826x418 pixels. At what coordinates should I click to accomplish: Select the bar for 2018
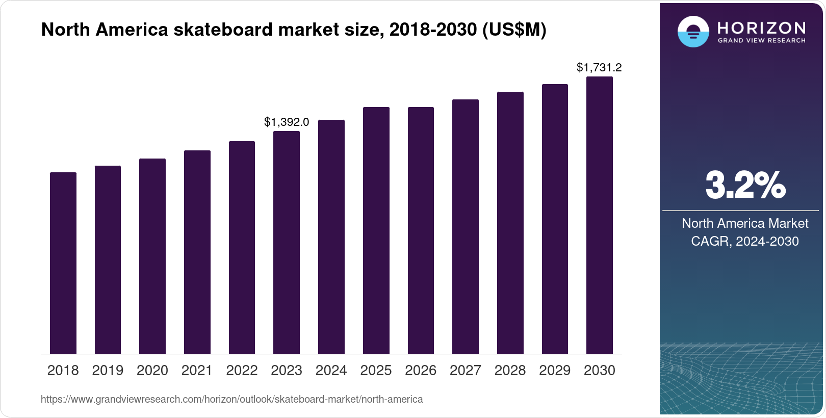(63, 263)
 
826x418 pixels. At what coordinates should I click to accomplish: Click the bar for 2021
(197, 252)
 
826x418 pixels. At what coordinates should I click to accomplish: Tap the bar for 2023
(287, 243)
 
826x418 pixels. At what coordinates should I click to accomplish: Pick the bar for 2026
(421, 230)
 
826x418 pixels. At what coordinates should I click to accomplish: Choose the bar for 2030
(600, 215)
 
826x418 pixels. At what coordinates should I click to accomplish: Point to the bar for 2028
(510, 223)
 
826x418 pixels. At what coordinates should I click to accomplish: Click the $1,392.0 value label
(287, 122)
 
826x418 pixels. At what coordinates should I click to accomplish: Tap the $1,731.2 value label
(599, 68)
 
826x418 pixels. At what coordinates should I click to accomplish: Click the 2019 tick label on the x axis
(108, 371)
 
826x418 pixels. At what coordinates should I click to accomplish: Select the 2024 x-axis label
(331, 371)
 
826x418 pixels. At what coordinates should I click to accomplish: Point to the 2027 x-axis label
(466, 371)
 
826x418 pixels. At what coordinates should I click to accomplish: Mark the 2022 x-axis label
(242, 371)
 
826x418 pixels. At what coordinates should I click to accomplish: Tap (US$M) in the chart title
(514, 30)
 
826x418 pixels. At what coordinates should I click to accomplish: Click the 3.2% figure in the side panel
(745, 186)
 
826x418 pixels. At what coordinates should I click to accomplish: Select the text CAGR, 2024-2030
(744, 241)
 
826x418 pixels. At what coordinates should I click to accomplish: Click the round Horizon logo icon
(693, 32)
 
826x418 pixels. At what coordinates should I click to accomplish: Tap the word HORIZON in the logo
(762, 28)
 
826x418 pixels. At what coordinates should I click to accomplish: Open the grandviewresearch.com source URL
(232, 400)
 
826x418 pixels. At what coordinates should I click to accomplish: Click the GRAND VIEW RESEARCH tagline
(762, 41)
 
